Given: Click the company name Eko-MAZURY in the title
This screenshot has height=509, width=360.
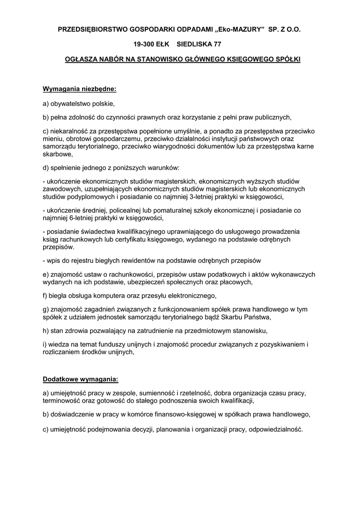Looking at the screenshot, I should pyautogui.click(x=238, y=30).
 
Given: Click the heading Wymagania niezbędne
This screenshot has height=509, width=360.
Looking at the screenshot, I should pyautogui.click(x=79, y=89).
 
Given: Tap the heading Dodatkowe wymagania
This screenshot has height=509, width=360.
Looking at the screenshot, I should pyautogui.click(x=81, y=379).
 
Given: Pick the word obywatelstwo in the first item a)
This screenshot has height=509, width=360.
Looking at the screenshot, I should pyautogui.click(x=69, y=104).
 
